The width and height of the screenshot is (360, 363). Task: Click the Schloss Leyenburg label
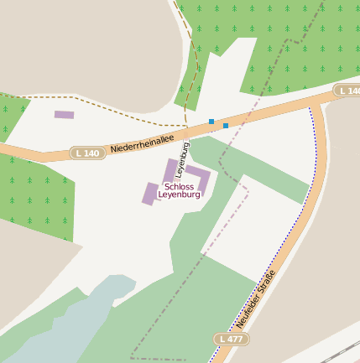click(x=179, y=190)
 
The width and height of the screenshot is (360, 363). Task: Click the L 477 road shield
click(x=231, y=339)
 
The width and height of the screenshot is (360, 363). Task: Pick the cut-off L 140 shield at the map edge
click(x=347, y=91)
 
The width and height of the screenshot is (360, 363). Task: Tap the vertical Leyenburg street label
click(x=182, y=158)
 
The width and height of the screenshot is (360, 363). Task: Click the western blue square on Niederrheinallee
click(x=211, y=122)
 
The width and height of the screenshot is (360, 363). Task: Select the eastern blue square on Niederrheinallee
click(x=225, y=126)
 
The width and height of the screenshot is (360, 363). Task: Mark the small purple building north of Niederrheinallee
click(x=64, y=115)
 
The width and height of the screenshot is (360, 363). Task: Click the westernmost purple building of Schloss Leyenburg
click(x=150, y=194)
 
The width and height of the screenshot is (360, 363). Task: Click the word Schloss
click(x=179, y=186)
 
